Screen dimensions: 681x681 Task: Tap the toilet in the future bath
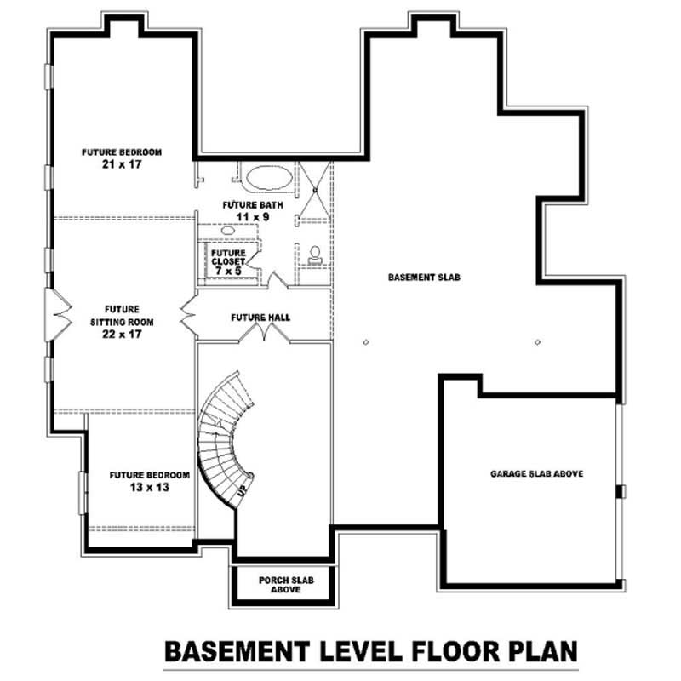click(x=313, y=253)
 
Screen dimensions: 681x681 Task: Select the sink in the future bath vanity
click(x=228, y=230)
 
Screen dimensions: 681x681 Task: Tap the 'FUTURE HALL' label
click(x=260, y=318)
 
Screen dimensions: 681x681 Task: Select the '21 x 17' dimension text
click(x=122, y=163)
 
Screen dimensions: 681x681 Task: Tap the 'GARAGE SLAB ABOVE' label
click(x=536, y=473)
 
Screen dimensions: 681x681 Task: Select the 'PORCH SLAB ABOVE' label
click(x=286, y=585)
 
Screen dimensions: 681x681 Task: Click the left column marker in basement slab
click(x=365, y=342)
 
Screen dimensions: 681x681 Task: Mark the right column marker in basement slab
click(x=537, y=342)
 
